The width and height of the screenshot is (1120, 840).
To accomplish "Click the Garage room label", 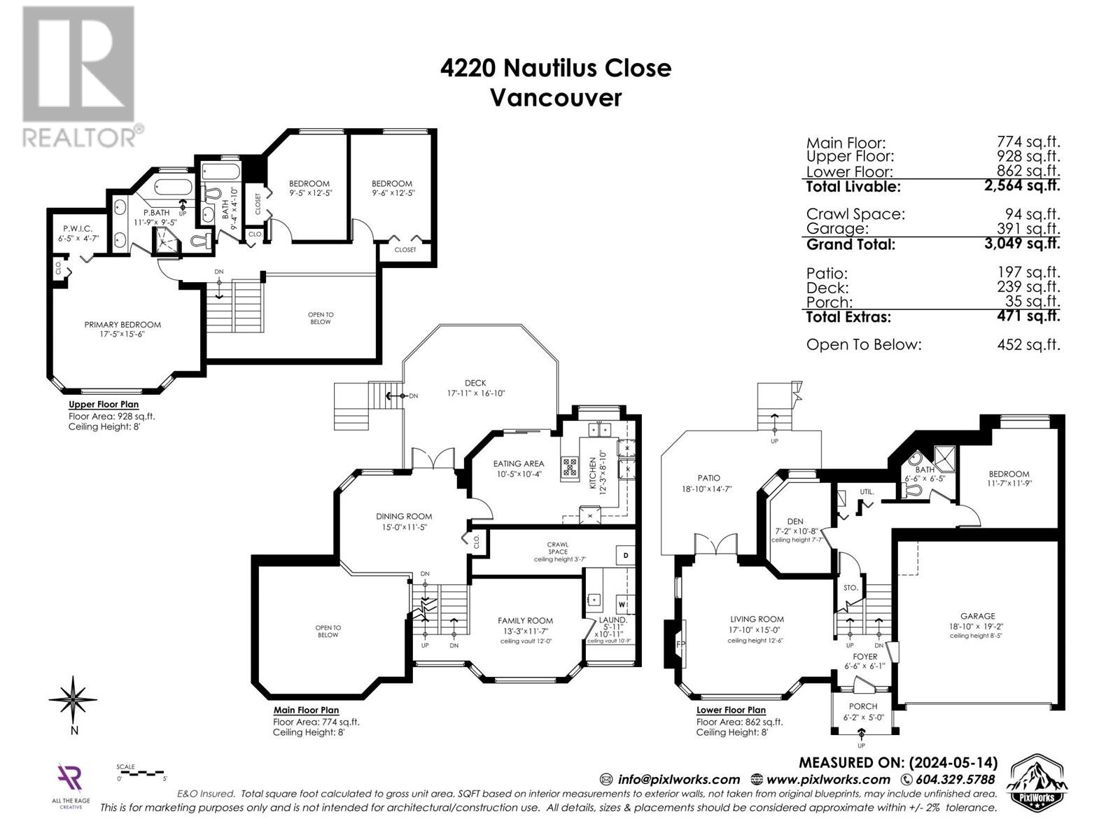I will click(x=977, y=617).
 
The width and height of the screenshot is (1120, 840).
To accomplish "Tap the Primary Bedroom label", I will click(x=122, y=325).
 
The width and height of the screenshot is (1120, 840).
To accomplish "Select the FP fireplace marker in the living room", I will click(x=680, y=643).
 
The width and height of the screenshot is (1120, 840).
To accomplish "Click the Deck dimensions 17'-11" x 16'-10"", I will click(x=476, y=393).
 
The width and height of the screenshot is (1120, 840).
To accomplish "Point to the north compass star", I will click(x=73, y=698).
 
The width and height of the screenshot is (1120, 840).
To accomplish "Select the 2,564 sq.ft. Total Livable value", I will click(x=1023, y=186).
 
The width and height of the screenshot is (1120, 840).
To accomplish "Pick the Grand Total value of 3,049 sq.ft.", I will click(x=1023, y=244).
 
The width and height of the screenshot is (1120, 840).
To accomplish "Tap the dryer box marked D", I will click(x=626, y=556).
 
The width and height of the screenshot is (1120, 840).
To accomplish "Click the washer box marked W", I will click(x=622, y=604).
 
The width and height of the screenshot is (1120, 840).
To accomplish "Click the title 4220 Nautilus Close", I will click(x=556, y=68).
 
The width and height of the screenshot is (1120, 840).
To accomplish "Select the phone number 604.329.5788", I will click(x=955, y=779).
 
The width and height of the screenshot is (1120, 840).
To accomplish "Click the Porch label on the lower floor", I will click(x=863, y=706).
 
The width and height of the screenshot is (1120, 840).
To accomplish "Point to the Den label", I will click(x=794, y=521).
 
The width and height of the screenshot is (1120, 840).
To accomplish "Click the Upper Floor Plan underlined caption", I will click(x=104, y=405).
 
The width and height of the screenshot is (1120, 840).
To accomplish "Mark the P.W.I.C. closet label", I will click(x=77, y=229).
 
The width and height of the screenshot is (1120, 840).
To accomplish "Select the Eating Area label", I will click(x=518, y=463).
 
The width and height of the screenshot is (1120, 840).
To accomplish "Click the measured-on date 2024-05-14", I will click(x=953, y=762).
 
